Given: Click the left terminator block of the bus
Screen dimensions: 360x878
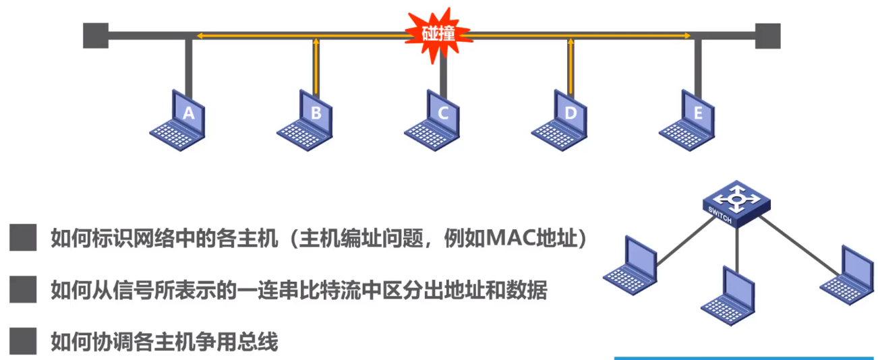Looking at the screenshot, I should click(x=95, y=36).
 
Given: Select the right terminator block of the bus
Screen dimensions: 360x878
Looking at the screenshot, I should click(x=767, y=36).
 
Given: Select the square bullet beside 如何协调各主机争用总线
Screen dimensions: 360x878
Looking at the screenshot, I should click(x=23, y=342).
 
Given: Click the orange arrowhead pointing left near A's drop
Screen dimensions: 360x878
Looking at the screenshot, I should click(x=198, y=36).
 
